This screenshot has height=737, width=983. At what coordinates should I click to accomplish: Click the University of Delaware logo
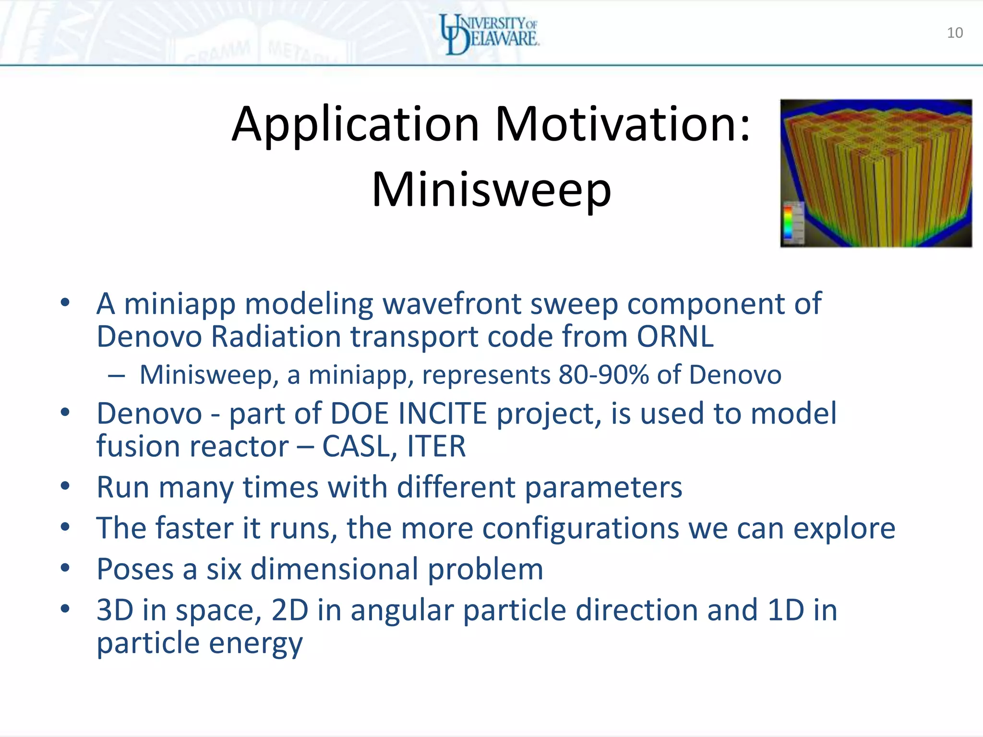(x=490, y=34)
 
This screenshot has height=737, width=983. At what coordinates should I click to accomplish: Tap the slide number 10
(x=955, y=33)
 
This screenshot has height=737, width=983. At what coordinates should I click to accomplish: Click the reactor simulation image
(x=875, y=173)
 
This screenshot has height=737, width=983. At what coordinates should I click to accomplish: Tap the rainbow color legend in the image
(x=788, y=222)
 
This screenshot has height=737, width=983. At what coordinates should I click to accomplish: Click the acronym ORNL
(x=675, y=336)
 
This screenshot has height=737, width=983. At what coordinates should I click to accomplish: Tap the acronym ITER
(x=436, y=447)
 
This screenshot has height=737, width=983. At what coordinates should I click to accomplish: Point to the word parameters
(x=603, y=488)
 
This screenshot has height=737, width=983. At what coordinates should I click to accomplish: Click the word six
(x=224, y=569)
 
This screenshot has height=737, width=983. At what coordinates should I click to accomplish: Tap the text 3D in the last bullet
(x=115, y=610)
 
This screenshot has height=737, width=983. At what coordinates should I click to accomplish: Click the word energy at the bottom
(x=255, y=643)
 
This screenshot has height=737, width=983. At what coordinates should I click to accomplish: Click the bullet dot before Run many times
(x=65, y=486)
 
